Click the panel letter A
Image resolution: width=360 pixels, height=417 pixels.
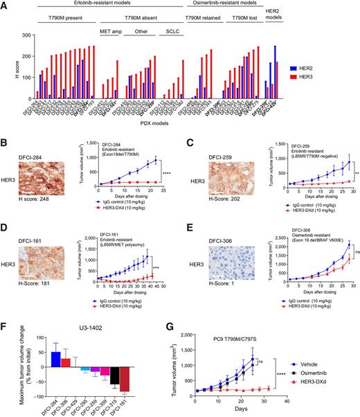pyautogui.click(x=6, y=6)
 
